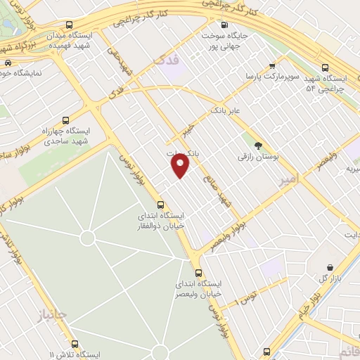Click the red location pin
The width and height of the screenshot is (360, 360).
point(181,165)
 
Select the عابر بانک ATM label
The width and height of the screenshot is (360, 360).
point(226,110)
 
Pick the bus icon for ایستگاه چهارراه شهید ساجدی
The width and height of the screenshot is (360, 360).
point(66,120)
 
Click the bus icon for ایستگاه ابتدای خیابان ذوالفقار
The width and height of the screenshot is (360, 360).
point(161,205)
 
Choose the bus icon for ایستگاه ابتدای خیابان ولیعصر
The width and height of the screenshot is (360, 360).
point(198,273)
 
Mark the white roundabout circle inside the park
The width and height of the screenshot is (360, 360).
point(87,238)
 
